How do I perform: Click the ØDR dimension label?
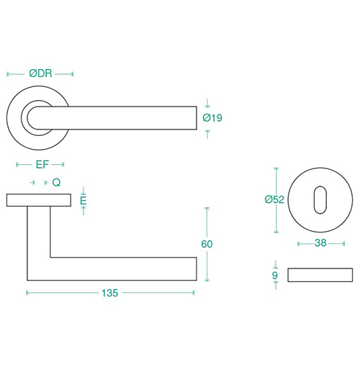[x=40, y=73]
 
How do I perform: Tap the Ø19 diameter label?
[x=212, y=118]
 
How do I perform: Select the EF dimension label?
[x=42, y=165]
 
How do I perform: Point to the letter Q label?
[x=56, y=183]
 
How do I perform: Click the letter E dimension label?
[x=83, y=201]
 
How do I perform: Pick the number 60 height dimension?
[x=207, y=244]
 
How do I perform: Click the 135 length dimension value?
[x=110, y=293]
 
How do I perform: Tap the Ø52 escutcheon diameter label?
[x=274, y=199]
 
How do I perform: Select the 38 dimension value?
[x=320, y=243]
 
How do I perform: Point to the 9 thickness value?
[x=275, y=276]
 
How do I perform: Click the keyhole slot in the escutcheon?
[x=320, y=200]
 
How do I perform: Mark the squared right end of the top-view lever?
[x=197, y=118]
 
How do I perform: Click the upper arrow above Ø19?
[x=207, y=103]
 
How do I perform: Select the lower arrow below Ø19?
[x=207, y=134]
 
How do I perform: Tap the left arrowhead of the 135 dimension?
[x=27, y=293]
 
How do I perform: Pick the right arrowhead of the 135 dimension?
[x=193, y=293]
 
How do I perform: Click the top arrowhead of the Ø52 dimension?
[x=276, y=168]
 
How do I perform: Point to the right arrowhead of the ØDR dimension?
[x=72, y=74]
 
